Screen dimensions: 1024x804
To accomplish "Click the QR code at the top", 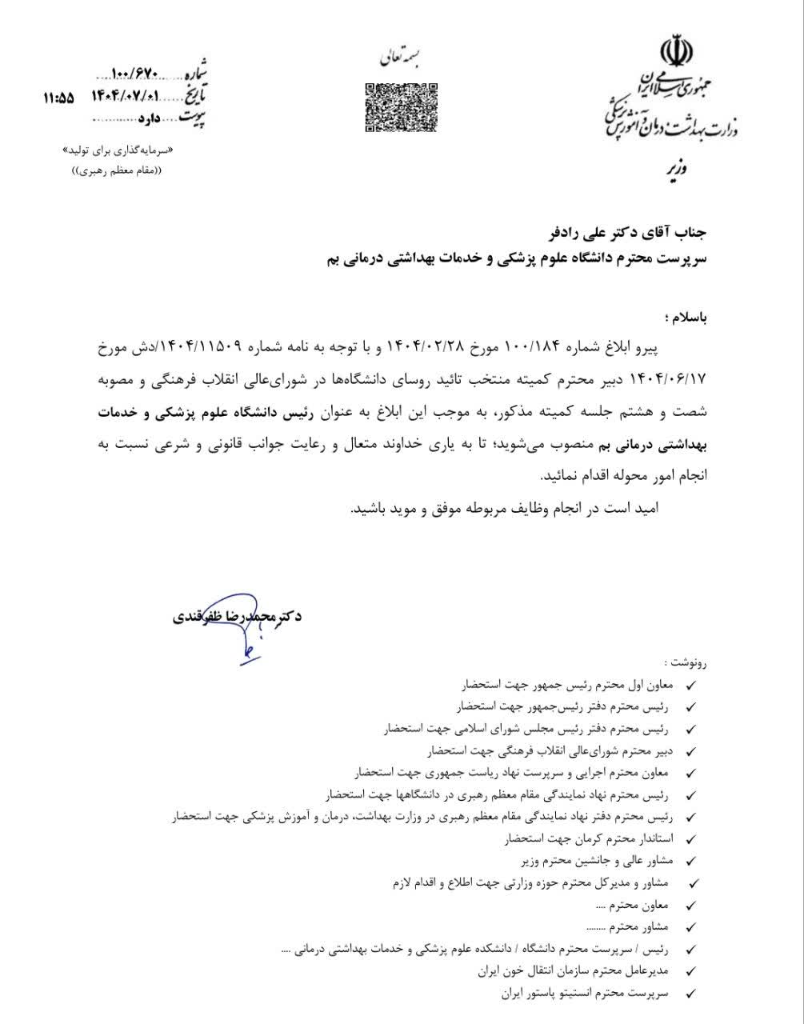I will [401, 106].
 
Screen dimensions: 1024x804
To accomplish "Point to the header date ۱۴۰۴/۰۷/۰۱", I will [126, 97].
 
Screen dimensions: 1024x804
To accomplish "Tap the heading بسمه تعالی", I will [402, 59].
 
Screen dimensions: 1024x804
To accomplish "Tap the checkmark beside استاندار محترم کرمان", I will [691, 840].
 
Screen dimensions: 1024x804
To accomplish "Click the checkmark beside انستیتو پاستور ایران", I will [691, 994].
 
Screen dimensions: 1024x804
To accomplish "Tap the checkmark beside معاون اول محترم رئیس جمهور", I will [691, 686].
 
